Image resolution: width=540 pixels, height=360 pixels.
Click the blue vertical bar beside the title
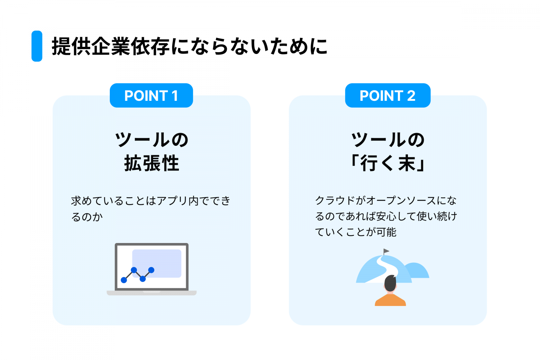[37, 46]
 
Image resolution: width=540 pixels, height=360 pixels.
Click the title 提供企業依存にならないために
[190, 46]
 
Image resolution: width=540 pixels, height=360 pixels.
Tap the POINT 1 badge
[152, 95]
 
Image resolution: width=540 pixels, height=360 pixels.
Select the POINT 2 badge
[388, 95]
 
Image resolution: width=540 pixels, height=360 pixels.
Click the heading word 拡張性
[152, 163]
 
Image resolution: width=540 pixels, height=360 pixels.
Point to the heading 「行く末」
[388, 163]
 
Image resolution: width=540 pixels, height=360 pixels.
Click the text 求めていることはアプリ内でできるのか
[151, 209]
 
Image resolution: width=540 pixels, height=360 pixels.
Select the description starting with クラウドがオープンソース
[386, 216]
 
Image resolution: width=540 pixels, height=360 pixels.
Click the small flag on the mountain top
[386, 252]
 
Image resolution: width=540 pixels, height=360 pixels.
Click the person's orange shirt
[390, 300]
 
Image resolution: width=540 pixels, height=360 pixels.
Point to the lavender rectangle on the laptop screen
[157, 264]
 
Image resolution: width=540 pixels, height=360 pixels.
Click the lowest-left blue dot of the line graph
[124, 280]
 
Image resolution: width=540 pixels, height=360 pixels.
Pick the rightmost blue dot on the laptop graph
[151, 270]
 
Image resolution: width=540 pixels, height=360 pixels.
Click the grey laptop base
[152, 293]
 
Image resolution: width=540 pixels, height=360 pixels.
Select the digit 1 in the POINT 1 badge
[175, 96]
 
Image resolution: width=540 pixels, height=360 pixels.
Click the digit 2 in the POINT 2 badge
[411, 96]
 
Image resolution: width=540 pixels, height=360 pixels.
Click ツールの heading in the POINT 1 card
[152, 140]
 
